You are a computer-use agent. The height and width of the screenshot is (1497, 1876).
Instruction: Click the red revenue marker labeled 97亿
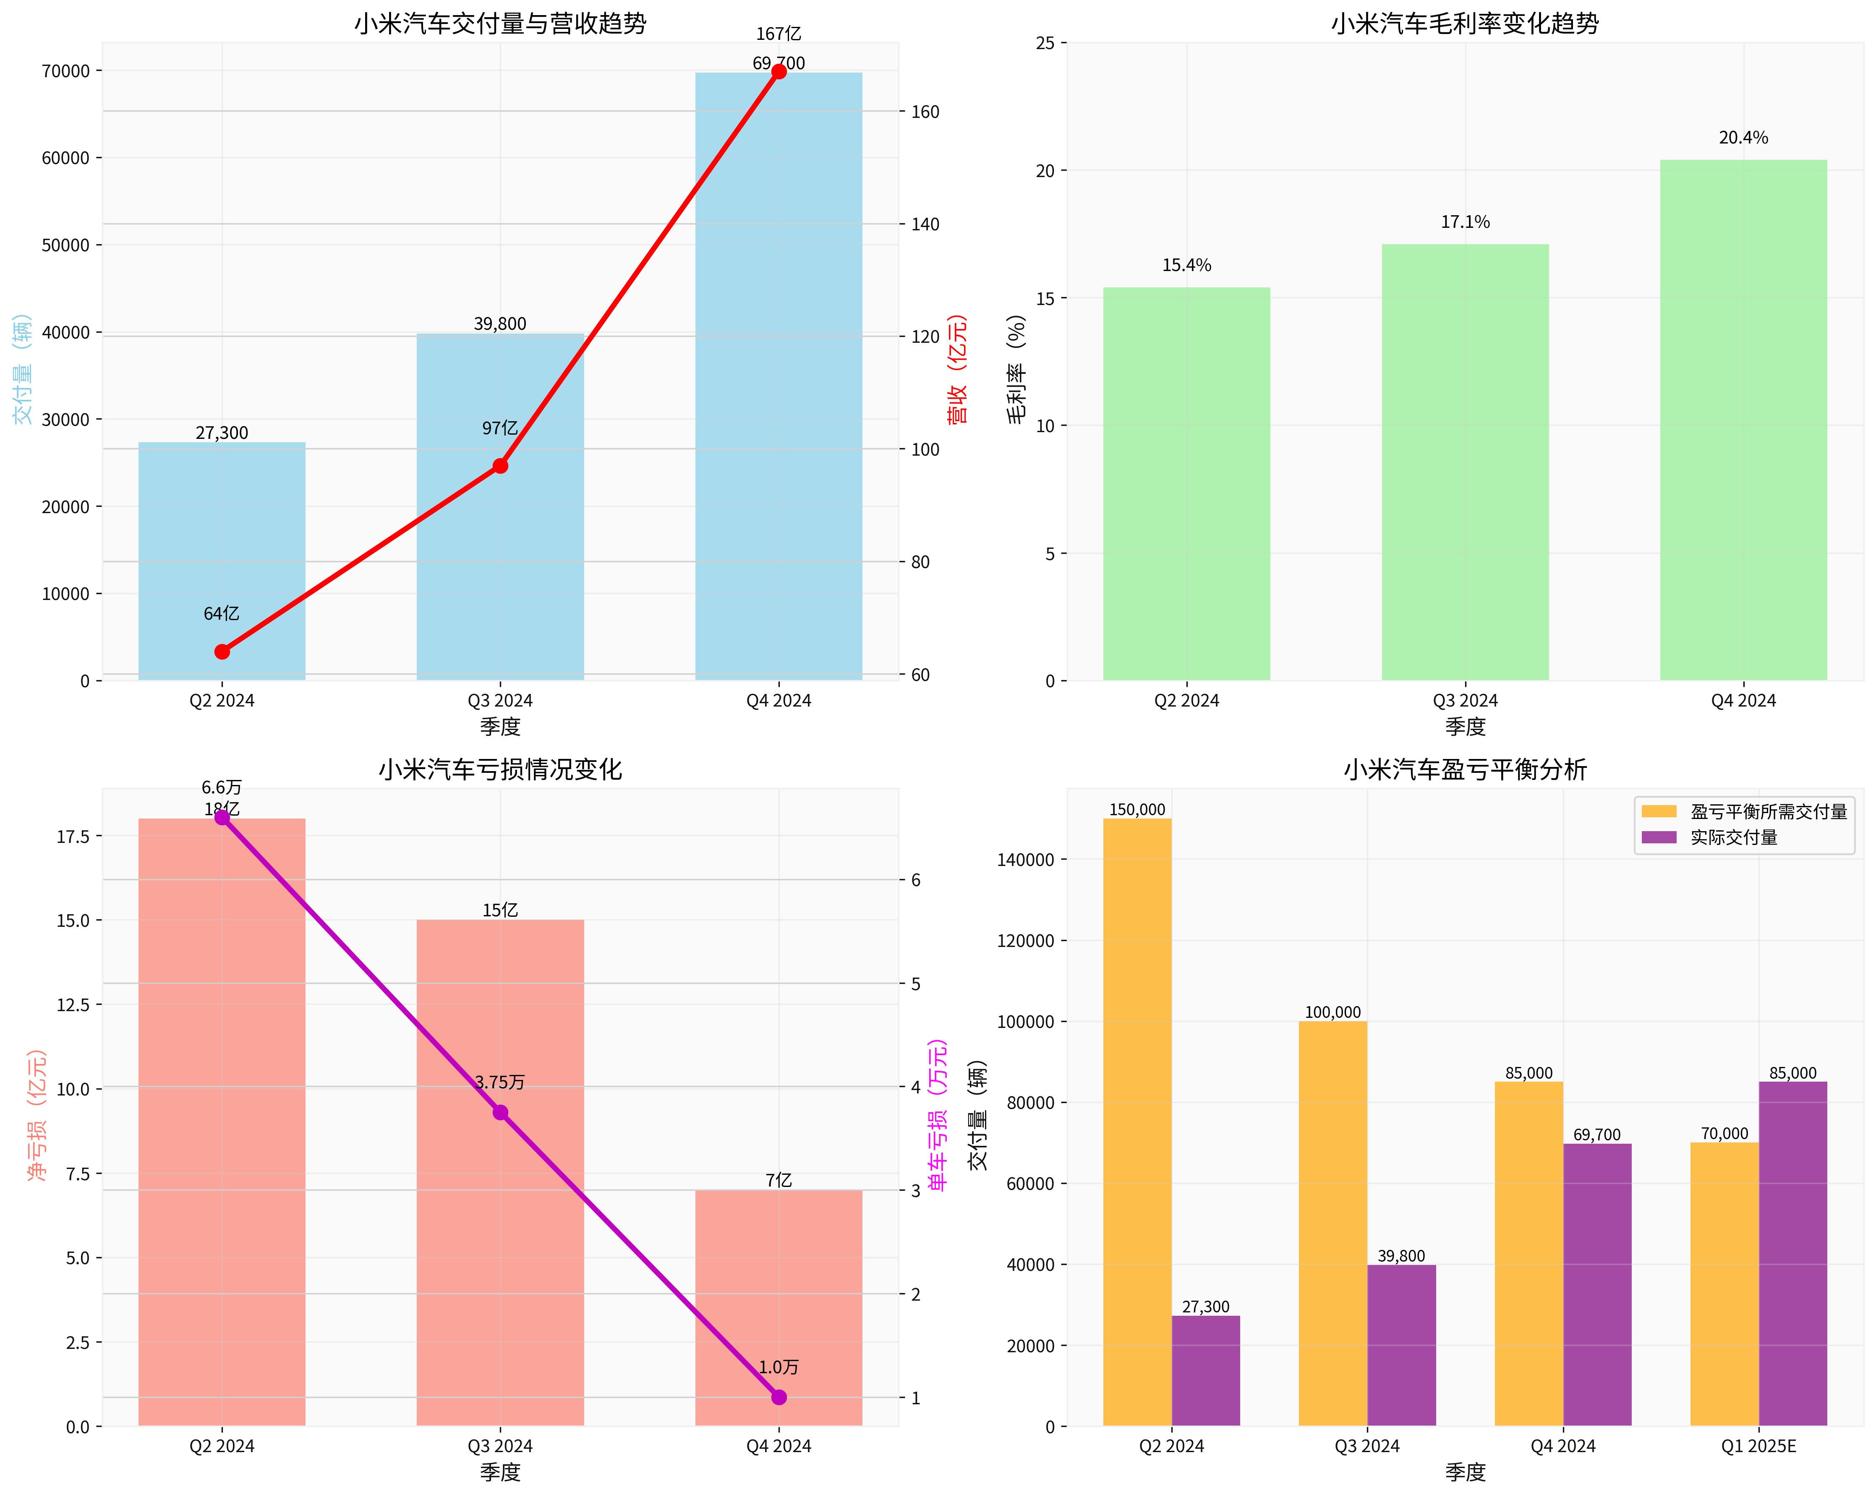pyautogui.click(x=500, y=466)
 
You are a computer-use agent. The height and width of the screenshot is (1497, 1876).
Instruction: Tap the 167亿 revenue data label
pyautogui.click(x=778, y=34)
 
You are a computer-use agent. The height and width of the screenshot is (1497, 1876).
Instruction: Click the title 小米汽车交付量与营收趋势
pyautogui.click(x=500, y=23)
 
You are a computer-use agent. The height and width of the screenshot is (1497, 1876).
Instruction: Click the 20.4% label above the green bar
pyautogui.click(x=1743, y=138)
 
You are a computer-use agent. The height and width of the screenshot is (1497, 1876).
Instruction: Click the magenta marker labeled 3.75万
pyautogui.click(x=500, y=1113)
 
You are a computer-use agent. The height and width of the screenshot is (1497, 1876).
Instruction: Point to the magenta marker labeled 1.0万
pyautogui.click(x=779, y=1397)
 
